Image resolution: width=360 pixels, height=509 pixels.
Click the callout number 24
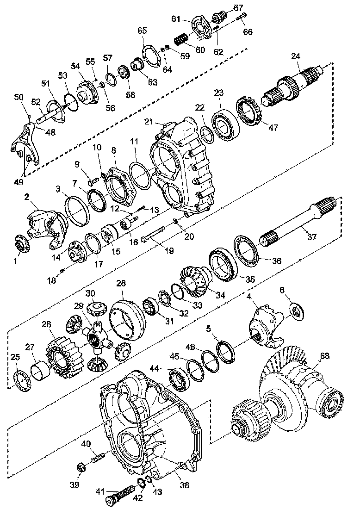(x=296, y=56)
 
